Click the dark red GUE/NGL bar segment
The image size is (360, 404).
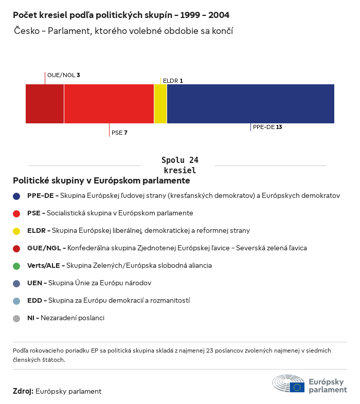click(45, 104)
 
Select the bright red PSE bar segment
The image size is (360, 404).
click(109, 104)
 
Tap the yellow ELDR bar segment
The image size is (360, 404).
click(160, 104)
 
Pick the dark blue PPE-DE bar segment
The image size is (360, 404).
click(250, 104)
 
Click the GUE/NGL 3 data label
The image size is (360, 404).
click(63, 75)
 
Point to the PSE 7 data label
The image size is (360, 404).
click(119, 133)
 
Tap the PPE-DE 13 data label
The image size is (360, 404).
click(267, 127)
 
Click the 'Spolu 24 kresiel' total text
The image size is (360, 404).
click(180, 165)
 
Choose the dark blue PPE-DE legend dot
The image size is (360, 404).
click(16, 196)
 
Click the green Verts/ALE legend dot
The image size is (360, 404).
click(16, 266)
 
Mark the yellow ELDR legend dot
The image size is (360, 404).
click(16, 231)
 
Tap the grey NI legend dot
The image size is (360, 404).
click(16, 318)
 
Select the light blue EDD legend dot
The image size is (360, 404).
click(16, 301)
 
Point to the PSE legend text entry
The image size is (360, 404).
click(110, 213)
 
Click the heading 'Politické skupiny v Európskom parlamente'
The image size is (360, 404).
click(101, 181)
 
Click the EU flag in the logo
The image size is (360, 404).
click(297, 387)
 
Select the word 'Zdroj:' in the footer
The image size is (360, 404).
click(23, 391)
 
